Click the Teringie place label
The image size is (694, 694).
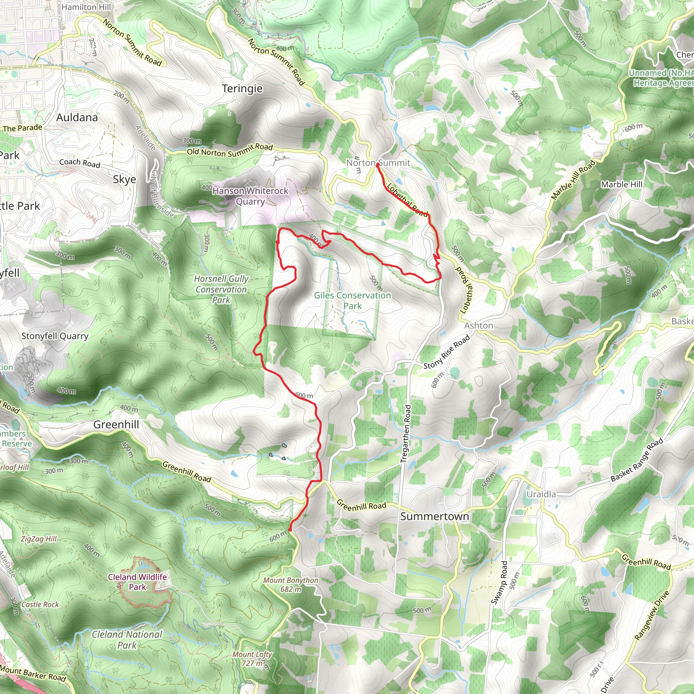pos(242,89)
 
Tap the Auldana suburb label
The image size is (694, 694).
pos(77,118)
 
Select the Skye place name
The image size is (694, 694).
pos(124,179)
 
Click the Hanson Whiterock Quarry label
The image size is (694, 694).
pos(250,196)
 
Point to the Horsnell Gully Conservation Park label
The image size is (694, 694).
pos(221,289)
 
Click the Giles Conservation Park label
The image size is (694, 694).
pos(352,301)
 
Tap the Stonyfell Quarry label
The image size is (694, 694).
pos(55,336)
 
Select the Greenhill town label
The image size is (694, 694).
pos(116,425)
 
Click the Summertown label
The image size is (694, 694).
pos(434,516)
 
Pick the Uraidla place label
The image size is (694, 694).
pos(541,494)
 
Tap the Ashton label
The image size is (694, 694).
pos(478,325)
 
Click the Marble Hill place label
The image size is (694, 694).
pos(621,184)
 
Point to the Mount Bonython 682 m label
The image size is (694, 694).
pos(291,585)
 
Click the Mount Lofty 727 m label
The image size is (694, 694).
pos(252,659)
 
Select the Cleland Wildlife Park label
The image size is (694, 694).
pos(137,582)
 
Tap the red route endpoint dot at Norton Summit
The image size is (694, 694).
pos(377,164)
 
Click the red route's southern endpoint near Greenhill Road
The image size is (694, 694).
pos(290,530)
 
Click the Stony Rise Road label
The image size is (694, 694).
pos(447,352)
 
